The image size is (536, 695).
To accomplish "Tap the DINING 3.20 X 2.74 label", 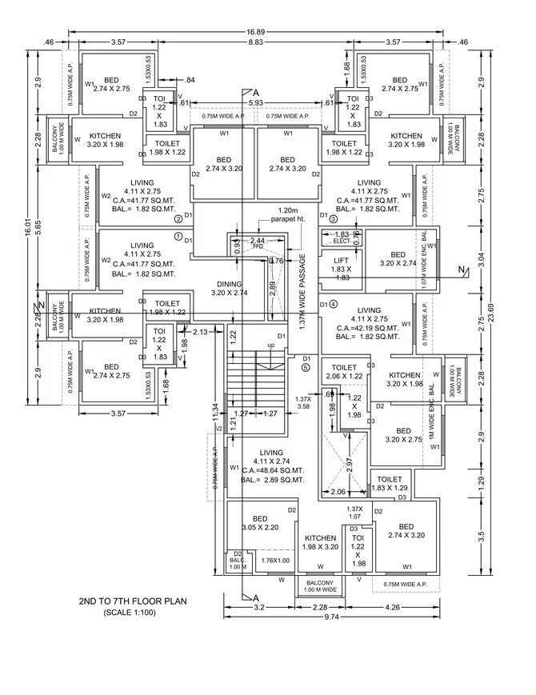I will [x=229, y=289].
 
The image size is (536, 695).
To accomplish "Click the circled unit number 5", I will [x=305, y=368].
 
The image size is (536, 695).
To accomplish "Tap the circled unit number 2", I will [x=178, y=219].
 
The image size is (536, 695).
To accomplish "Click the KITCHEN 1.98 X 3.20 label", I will [x=320, y=542].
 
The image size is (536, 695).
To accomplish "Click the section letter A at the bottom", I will [x=256, y=598].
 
